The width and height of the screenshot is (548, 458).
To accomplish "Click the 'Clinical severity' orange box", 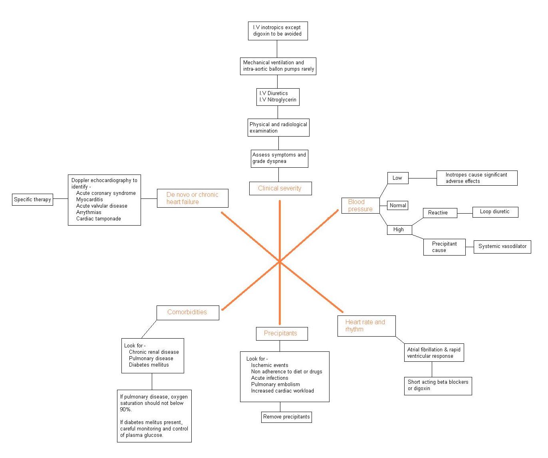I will pos(280,188).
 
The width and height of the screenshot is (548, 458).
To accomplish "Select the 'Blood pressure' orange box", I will pos(360,206).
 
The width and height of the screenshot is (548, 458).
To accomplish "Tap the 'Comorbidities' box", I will pos(187,312).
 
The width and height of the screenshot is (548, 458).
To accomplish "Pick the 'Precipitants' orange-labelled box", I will pos(282,333).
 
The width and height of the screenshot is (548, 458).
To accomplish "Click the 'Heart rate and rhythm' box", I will pos(366,326).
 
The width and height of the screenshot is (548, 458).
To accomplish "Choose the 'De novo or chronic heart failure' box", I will pos(193,198).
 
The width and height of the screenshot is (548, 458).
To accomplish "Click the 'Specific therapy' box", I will pos(32,199).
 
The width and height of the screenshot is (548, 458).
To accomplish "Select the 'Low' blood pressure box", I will pos(397,178).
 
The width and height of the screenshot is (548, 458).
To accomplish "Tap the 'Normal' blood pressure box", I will pos(398,206).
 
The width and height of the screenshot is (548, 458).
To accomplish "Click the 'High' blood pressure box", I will pos(399,230).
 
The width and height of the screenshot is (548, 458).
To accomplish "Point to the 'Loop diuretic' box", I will pos(495,212).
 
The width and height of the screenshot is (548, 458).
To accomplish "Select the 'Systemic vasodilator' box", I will pos(502,246).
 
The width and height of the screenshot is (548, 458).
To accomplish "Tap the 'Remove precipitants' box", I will pos(286,417).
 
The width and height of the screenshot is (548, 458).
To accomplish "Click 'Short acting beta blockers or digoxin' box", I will pos(438,385).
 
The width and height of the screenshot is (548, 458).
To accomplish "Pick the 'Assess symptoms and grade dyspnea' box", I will pos(279,158).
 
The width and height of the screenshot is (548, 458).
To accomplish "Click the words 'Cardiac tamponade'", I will pos(98,219).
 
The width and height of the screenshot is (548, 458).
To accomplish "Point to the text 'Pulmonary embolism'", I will pos(275,385).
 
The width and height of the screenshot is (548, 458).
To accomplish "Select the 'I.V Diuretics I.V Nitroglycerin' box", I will pos(278,97).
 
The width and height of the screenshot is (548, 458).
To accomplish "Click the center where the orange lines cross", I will pos(280,261).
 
